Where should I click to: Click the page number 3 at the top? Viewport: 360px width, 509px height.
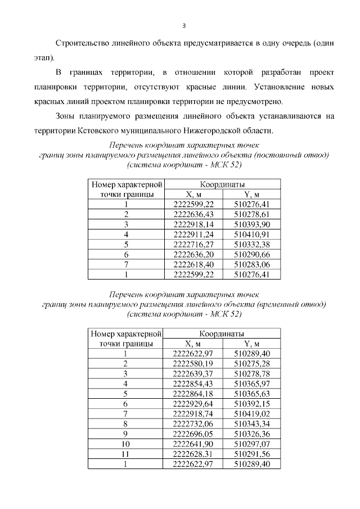[x=183, y=25]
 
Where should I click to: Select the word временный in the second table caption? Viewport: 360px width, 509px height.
[x=280, y=304]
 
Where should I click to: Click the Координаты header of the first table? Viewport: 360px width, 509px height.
[x=222, y=184]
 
